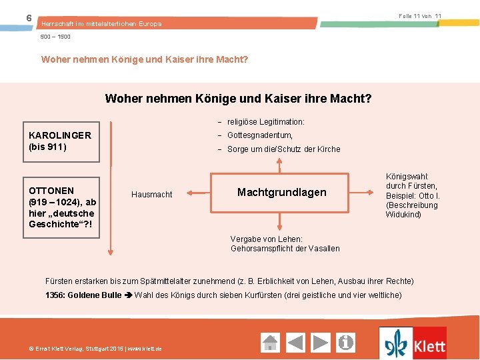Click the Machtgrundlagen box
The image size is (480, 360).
point(281,193)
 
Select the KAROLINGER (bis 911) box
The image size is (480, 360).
point(61,141)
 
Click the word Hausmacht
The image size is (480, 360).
point(151,195)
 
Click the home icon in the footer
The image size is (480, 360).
point(270,343)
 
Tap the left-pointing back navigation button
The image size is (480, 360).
point(295,343)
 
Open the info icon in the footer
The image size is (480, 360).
point(346,343)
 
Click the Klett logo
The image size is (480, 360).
point(413,343)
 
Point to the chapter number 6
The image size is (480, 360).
point(28,17)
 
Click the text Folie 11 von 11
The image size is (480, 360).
point(420,15)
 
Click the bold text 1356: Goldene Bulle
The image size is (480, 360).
point(83,295)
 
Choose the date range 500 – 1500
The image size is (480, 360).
point(56,37)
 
